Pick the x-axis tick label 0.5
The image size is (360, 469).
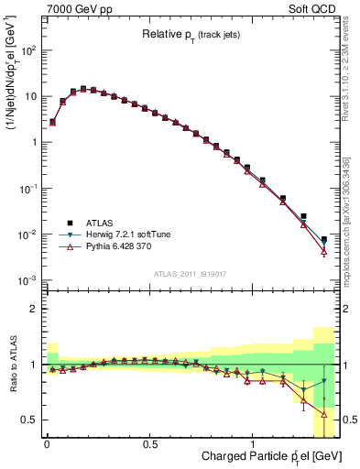click(x=150, y=443)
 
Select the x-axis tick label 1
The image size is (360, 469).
click(x=253, y=443)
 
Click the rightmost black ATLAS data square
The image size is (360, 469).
click(x=323, y=240)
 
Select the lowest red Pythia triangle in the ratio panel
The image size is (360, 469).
click(x=323, y=414)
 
